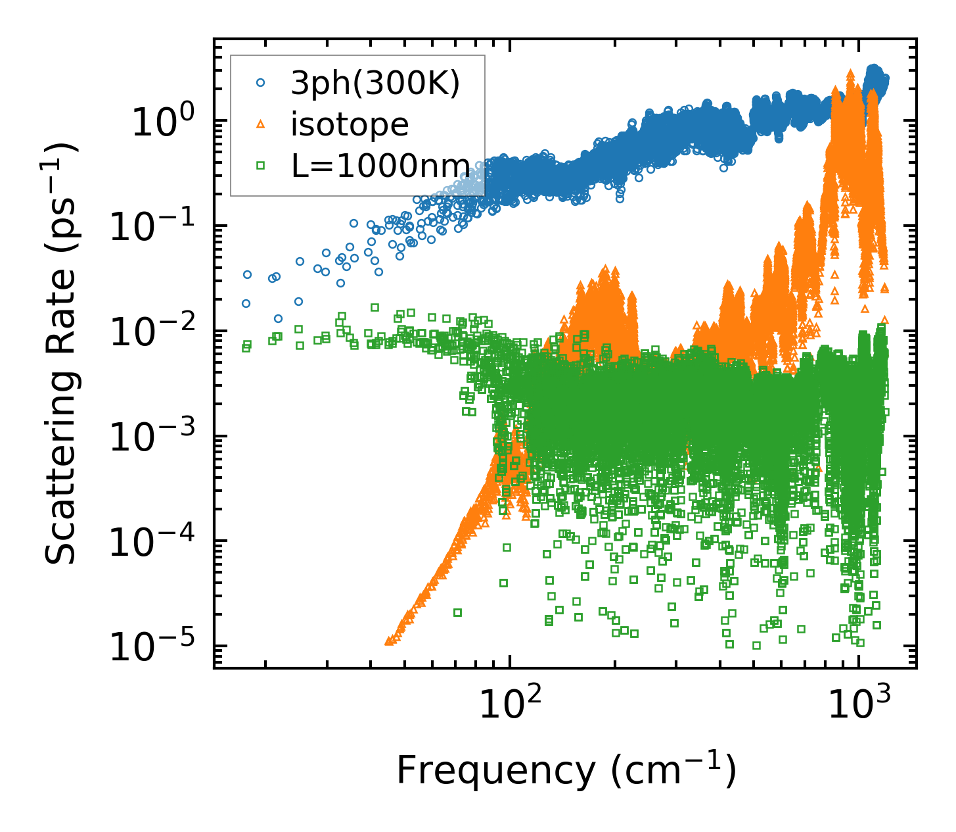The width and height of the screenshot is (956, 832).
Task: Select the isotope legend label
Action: click(350, 124)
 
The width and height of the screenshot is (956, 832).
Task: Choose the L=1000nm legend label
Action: click(381, 166)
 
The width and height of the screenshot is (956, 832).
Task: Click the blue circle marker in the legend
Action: click(261, 83)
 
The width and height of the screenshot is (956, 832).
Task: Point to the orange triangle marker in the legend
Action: click(261, 124)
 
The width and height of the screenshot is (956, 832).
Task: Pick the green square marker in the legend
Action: click(261, 166)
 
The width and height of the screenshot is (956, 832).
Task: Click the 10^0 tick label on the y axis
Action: click(162, 122)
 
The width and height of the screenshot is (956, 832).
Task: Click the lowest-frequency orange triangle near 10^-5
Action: click(388, 640)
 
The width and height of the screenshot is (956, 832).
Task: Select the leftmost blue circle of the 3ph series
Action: click(246, 303)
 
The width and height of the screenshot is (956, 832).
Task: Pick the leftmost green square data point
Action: click(246, 347)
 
